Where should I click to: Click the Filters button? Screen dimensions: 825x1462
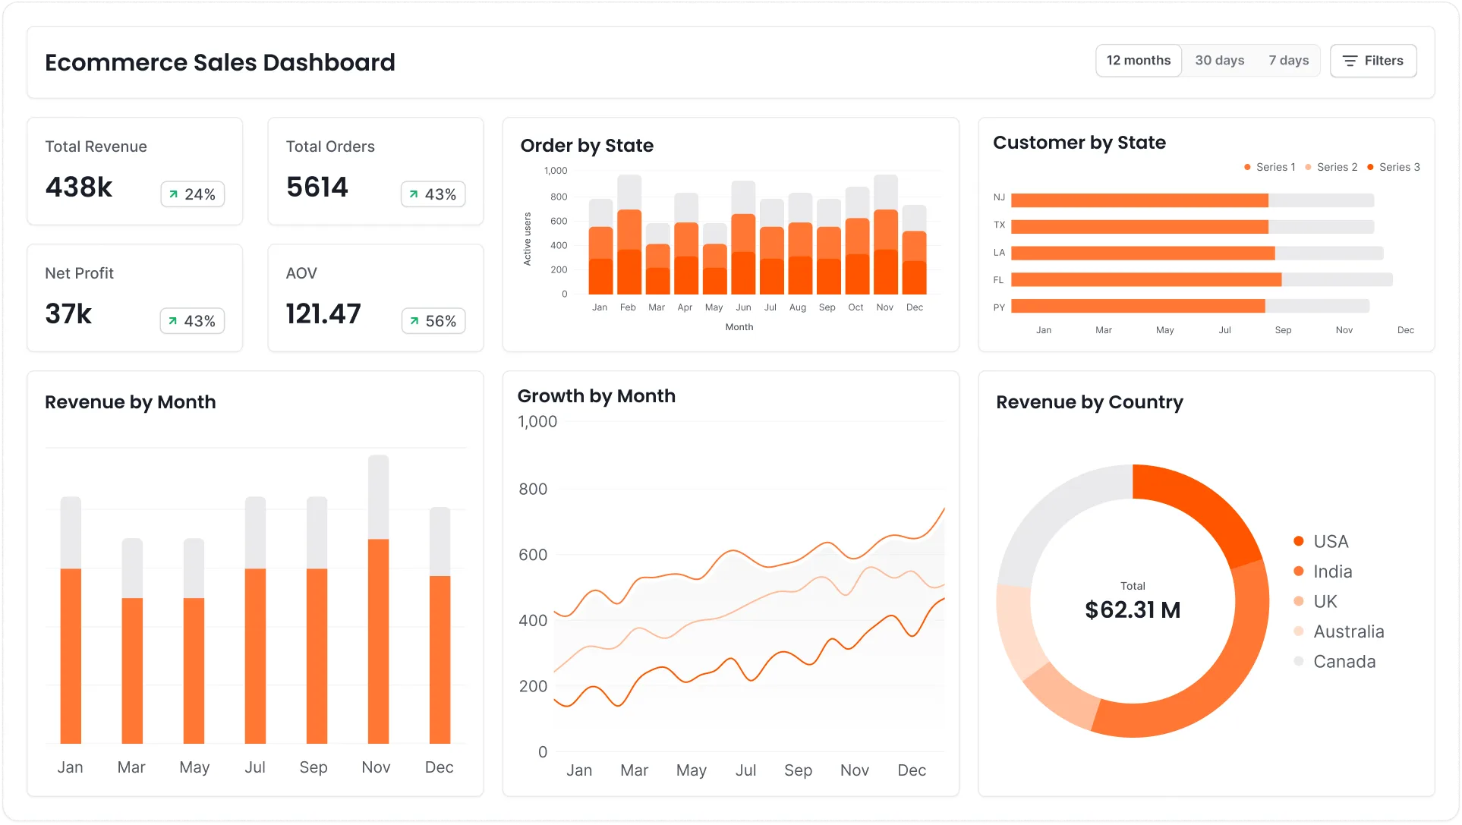pyautogui.click(x=1372, y=61)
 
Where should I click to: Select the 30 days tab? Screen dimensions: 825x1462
pyautogui.click(x=1219, y=61)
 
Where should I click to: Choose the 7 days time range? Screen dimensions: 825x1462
pyautogui.click(x=1288, y=61)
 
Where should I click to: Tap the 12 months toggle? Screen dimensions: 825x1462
pyautogui.click(x=1138, y=61)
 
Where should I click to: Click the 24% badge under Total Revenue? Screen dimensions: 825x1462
pyautogui.click(x=192, y=194)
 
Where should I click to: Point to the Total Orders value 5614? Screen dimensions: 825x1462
pyautogui.click(x=317, y=187)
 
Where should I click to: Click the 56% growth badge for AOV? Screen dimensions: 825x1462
pyautogui.click(x=433, y=321)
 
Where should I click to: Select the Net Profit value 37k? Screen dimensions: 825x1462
pyautogui.click(x=68, y=314)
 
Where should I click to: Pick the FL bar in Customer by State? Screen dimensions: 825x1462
pyautogui.click(x=1146, y=279)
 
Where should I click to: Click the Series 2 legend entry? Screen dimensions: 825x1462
pyautogui.click(x=1331, y=167)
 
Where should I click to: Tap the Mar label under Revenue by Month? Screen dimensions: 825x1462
pyautogui.click(x=131, y=767)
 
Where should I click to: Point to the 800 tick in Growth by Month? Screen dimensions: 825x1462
pyautogui.click(x=533, y=490)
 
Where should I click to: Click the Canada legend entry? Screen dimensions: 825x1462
pyautogui.click(x=1344, y=662)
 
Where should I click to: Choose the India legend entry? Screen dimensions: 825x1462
pyautogui.click(x=1332, y=572)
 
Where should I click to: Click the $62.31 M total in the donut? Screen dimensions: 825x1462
pyautogui.click(x=1132, y=610)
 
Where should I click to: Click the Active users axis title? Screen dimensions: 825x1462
pyautogui.click(x=527, y=239)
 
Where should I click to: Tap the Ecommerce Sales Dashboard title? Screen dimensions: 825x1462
pyautogui.click(x=220, y=62)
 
